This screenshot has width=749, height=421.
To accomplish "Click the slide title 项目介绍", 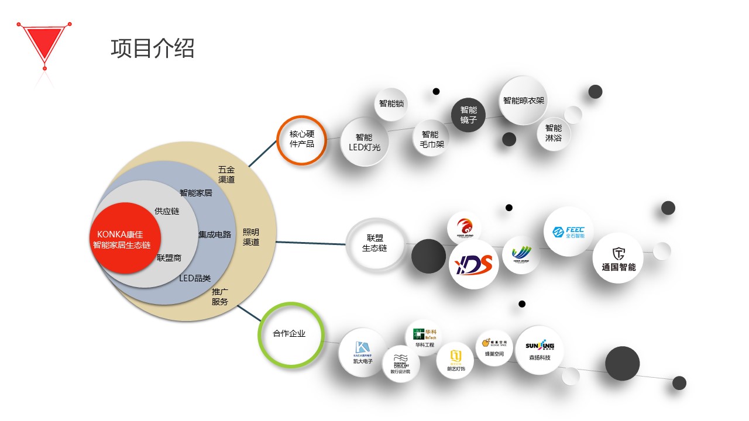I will coord(152,49).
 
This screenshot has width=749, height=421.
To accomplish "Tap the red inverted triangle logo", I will coord(44,42).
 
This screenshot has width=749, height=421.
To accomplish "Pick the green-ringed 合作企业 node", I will coord(290,334).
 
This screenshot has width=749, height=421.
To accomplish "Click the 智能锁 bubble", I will coord(391,104).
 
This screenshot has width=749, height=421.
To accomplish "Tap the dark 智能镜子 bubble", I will coord(469,115).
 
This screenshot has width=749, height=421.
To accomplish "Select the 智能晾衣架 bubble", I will coord(524,101).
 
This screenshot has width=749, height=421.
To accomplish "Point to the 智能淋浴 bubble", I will coord(554,133).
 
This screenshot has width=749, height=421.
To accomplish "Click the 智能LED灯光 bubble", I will coord(365,142).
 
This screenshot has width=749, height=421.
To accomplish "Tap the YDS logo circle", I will coord(474,264).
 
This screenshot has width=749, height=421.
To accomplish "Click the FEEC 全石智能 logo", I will coord(568,232).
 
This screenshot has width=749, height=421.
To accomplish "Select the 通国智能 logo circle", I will coord(619,258).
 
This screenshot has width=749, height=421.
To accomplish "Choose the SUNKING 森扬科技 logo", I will coord(539,350).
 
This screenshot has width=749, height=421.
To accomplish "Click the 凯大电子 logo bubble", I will coord(363,351).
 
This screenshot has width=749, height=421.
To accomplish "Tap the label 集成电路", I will coord(215,234).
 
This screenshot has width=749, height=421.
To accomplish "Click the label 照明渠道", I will coord(251,237).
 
